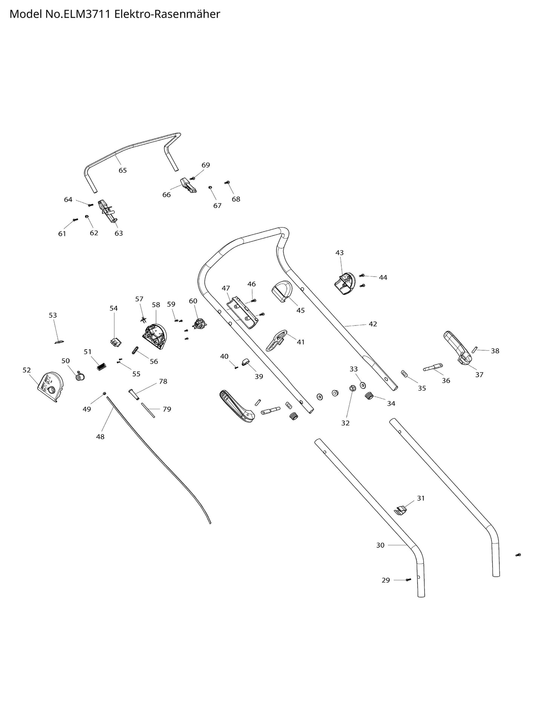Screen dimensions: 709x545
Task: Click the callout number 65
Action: (x=123, y=170)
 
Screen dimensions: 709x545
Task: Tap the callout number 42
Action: (x=373, y=324)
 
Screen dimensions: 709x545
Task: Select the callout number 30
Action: (x=380, y=545)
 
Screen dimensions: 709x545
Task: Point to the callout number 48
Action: (x=100, y=437)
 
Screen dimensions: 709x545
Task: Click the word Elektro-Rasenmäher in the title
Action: (x=167, y=14)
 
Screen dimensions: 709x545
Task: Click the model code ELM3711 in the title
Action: (x=91, y=14)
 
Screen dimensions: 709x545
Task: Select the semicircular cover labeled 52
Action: (x=51, y=386)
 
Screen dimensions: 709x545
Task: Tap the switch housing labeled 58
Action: (x=155, y=335)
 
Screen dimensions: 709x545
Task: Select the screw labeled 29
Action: (x=408, y=580)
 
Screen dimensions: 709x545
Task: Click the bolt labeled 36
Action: (x=433, y=367)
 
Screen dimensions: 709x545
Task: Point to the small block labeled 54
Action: (x=116, y=342)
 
